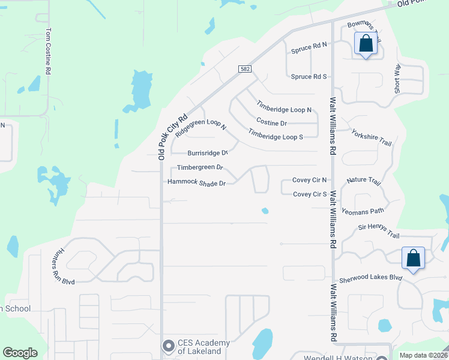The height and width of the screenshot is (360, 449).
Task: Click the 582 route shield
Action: point(244,69)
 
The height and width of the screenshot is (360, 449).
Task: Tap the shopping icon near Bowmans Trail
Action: point(366,44)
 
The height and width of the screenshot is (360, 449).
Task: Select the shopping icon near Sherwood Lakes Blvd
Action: point(413,259)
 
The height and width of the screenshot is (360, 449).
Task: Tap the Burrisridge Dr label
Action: point(208,153)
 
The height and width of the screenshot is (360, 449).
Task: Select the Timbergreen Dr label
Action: point(200,167)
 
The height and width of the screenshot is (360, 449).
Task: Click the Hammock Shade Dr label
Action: point(196,182)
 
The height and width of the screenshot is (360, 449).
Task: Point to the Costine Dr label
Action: point(271,123)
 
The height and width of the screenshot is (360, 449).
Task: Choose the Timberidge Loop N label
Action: point(285,110)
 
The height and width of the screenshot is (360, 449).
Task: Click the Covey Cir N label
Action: point(310,180)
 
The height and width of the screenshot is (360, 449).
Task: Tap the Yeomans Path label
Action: point(363,211)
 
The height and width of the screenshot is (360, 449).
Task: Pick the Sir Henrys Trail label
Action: point(379,227)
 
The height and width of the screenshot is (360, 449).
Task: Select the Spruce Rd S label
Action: point(309,77)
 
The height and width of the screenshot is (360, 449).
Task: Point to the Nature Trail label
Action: point(364,180)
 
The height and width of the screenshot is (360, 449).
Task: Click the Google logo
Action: point(20,353)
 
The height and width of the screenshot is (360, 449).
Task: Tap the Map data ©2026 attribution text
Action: point(423,355)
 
